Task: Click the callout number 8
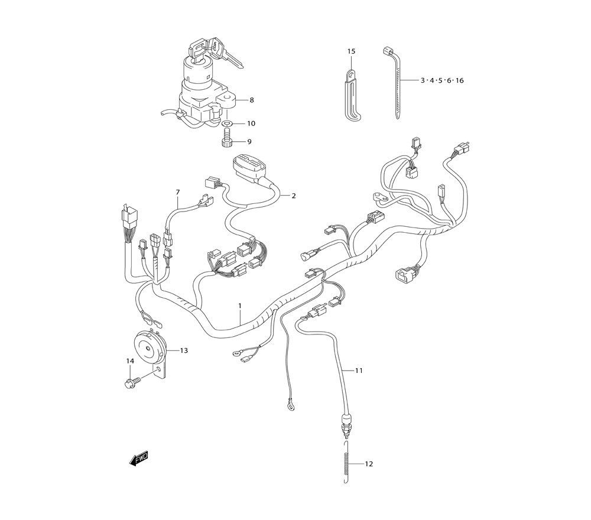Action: [x=252, y=100]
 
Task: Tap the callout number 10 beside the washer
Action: [x=251, y=123]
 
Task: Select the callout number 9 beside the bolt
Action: [x=249, y=142]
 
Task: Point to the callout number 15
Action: [x=351, y=51]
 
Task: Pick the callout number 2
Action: [x=294, y=196]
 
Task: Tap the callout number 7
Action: [x=178, y=192]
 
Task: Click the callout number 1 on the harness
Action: [x=239, y=305]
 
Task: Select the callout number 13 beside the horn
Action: [x=184, y=350]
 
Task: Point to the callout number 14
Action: [x=130, y=361]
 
